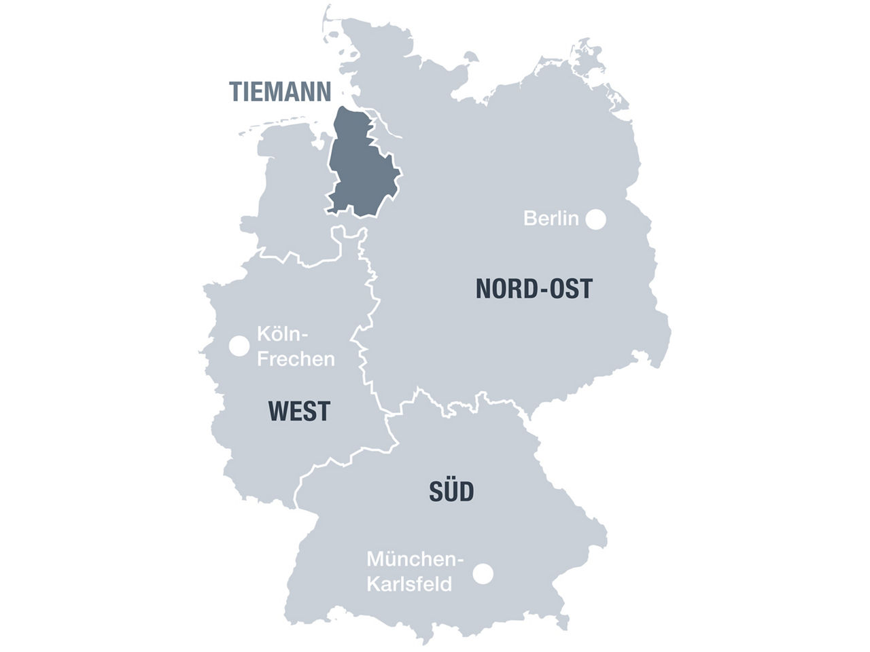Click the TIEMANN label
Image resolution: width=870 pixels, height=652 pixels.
pos(280,91)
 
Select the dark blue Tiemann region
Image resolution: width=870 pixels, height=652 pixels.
pos(360,170)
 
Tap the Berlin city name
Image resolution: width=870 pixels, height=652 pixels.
pos(551,219)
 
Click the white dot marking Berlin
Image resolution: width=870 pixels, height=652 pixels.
pos(596,219)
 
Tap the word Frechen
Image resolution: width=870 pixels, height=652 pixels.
pos(296,359)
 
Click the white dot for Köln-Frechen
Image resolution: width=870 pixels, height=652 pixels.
pos(239,346)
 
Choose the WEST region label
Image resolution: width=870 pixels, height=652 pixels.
pos(300,412)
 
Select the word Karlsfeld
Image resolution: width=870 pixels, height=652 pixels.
pos(409,584)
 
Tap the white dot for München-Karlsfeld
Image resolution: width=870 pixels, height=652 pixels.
pos(483,574)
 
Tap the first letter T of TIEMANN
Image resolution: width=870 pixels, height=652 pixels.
pos(235,91)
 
